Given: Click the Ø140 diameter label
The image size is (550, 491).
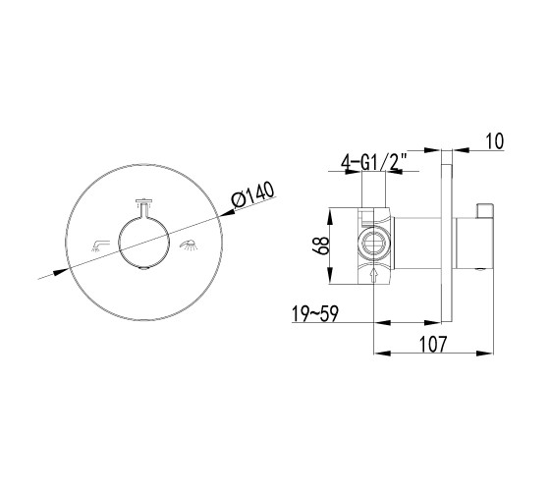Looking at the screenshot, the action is pyautogui.click(x=253, y=195).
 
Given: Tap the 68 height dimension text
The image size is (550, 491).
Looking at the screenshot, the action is pyautogui.click(x=321, y=245).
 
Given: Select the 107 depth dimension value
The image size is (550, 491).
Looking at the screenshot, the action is pyautogui.click(x=433, y=344).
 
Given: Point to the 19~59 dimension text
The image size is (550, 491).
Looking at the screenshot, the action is pyautogui.click(x=315, y=313).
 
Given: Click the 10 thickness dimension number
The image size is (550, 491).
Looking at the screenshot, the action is pyautogui.click(x=495, y=141).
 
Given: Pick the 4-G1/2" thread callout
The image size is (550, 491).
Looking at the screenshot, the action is pyautogui.click(x=374, y=161).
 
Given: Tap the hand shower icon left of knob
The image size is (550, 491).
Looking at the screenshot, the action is pyautogui.click(x=100, y=245).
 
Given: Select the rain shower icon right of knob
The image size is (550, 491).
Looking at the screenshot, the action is pyautogui.click(x=189, y=245).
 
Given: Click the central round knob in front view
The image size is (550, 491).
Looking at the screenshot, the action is pyautogui.click(x=143, y=242).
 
